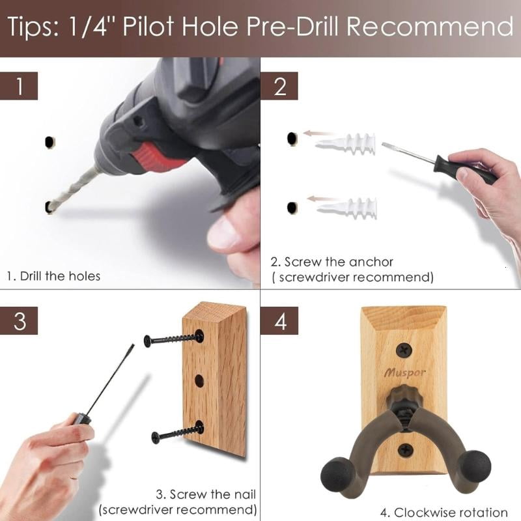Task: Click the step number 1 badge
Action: (19, 86)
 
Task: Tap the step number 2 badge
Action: (279, 86)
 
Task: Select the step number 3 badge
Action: (19, 320)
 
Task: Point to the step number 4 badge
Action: (279, 320)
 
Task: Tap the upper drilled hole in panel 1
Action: (49, 142)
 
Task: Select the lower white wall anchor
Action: (347, 208)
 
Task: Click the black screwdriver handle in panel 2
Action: (464, 169)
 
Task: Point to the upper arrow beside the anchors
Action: (320, 134)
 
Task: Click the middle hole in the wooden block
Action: (199, 381)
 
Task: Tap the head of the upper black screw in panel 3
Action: (148, 341)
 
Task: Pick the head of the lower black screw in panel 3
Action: (156, 437)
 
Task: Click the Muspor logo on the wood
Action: (404, 373)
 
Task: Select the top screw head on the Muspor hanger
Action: (404, 350)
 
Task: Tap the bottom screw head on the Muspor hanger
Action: (405, 450)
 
